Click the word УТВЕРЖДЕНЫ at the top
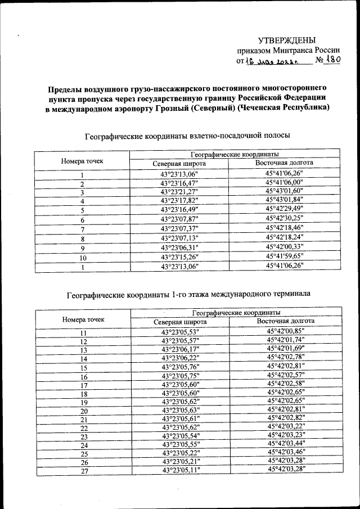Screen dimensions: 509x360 [x=287, y=40]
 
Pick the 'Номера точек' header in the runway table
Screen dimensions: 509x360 [x=83, y=161]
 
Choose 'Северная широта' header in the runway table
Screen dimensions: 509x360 [x=179, y=164]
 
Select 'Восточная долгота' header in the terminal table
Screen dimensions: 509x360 [x=286, y=321]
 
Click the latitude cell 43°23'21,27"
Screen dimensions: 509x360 [x=179, y=191]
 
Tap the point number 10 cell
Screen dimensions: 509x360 [x=83, y=258]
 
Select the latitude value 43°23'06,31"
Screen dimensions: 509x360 [x=179, y=248]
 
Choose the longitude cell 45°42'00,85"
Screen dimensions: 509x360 [x=286, y=331]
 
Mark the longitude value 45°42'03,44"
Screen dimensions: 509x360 [x=286, y=444]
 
